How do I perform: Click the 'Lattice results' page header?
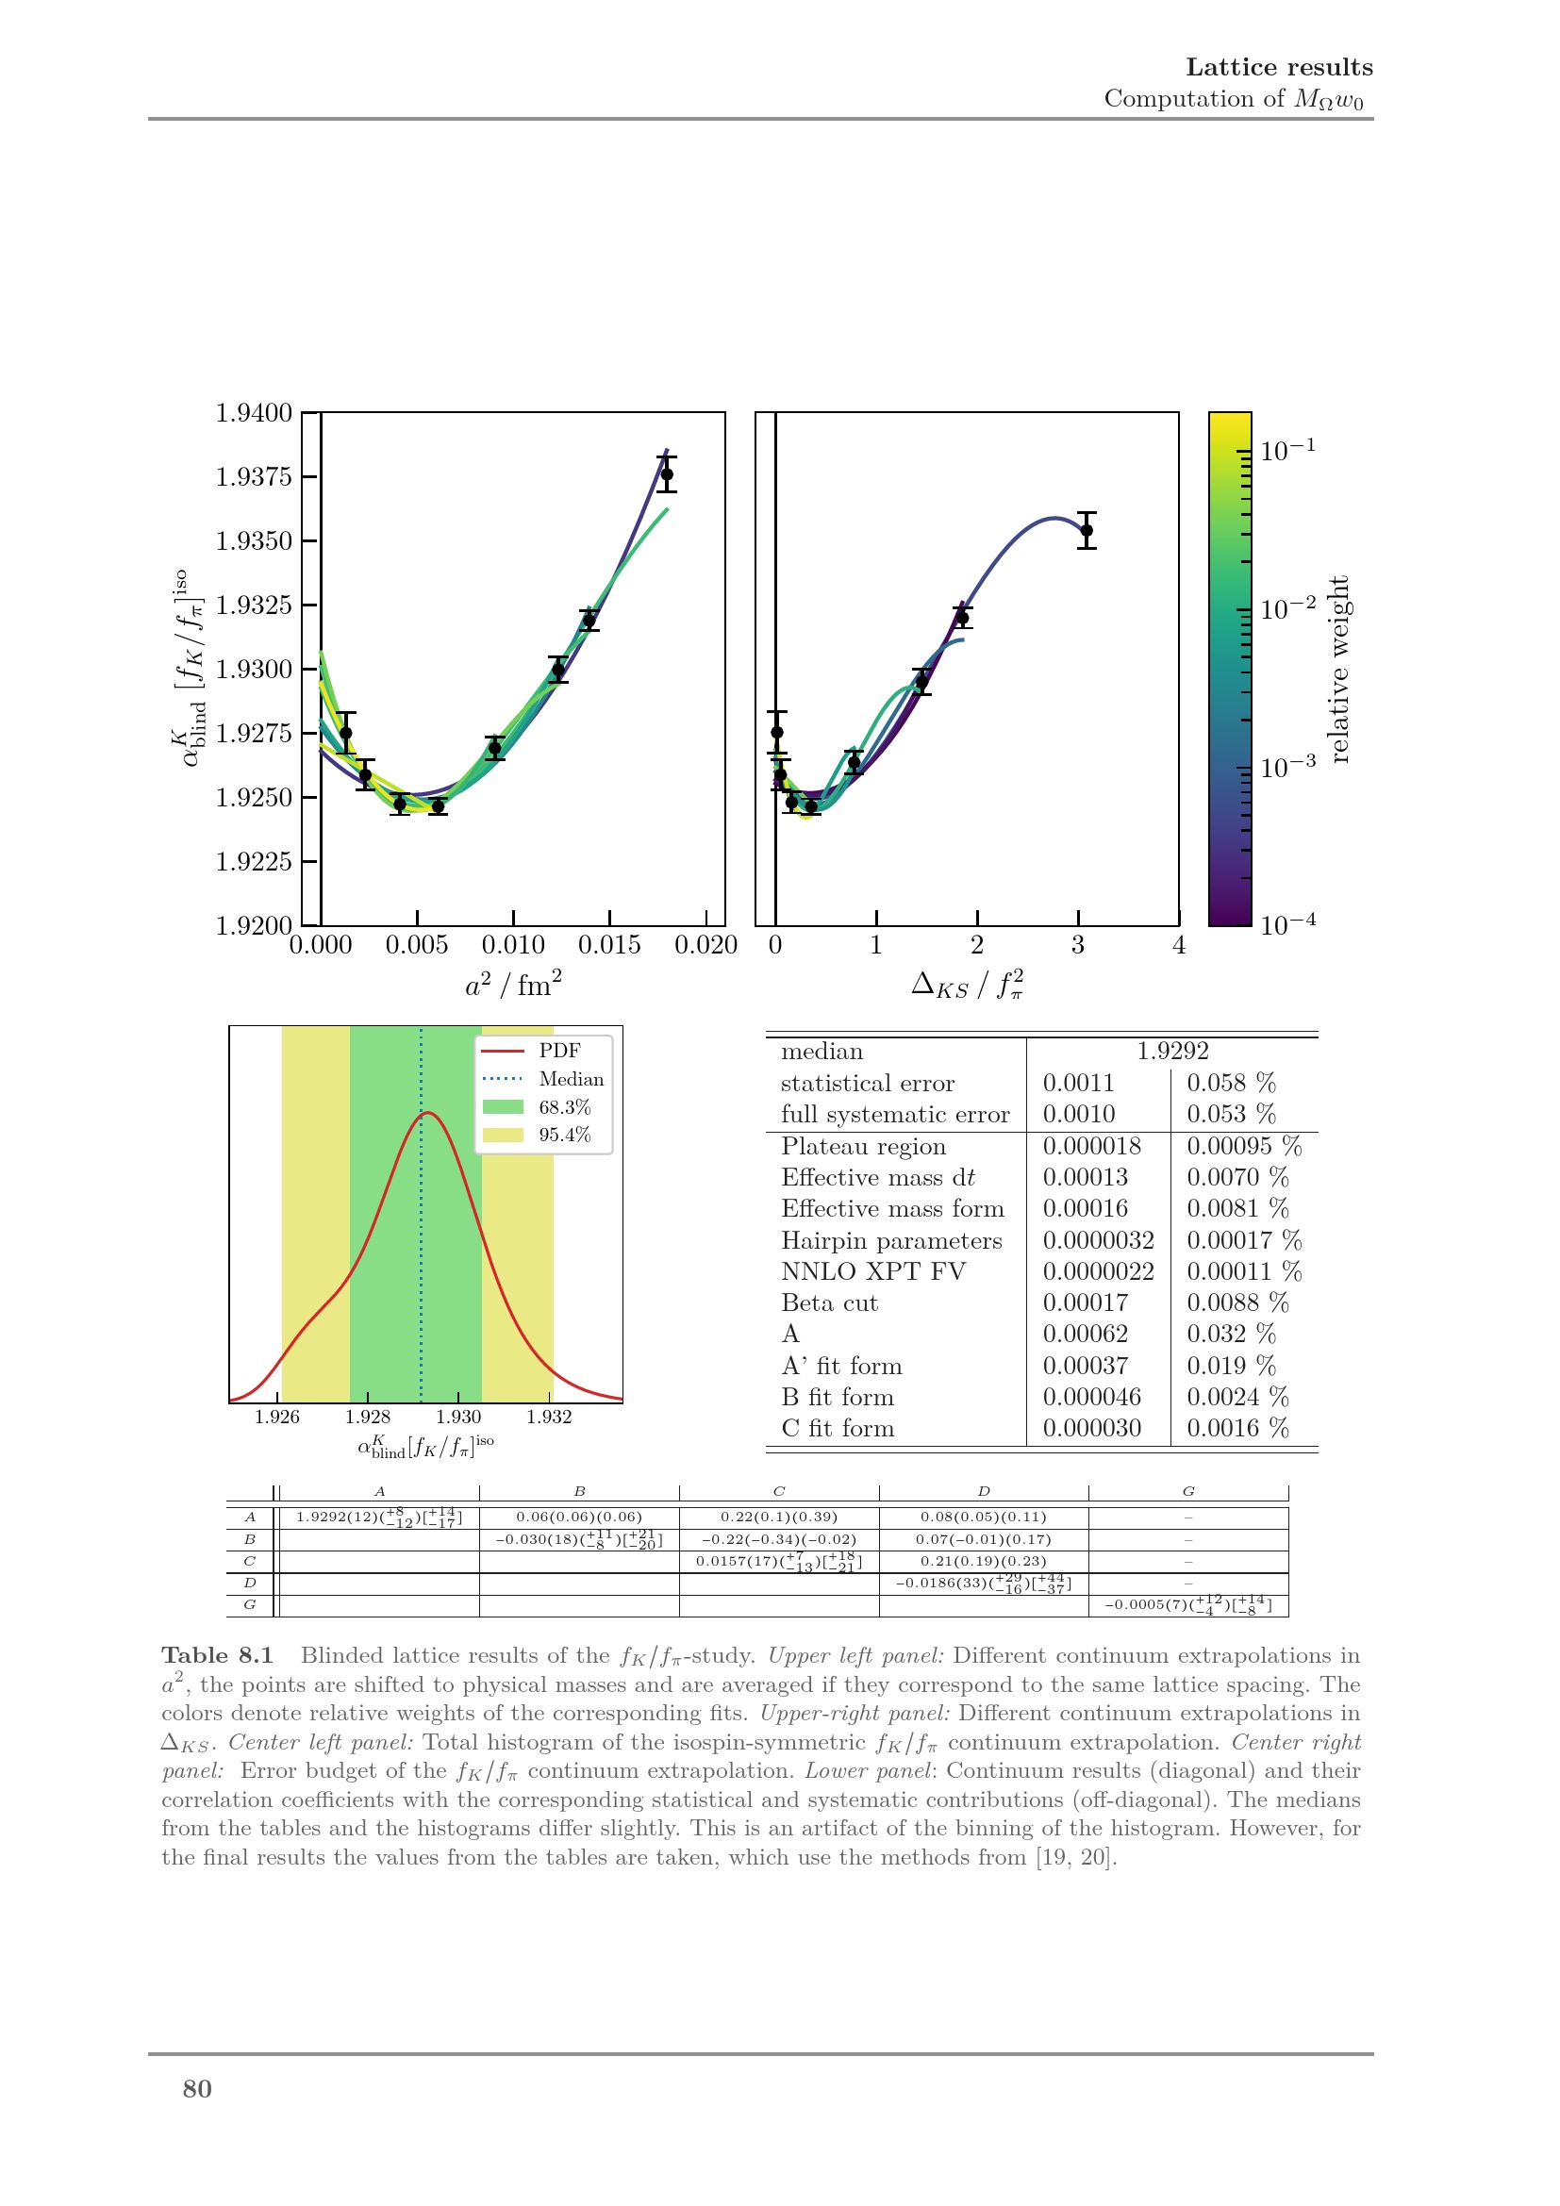coord(1278,67)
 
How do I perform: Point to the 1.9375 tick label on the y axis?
coord(254,477)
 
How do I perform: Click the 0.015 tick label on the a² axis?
coord(609,945)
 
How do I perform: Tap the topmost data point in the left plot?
coord(667,474)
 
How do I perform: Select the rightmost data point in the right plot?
coord(1087,530)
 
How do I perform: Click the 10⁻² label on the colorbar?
coord(1287,608)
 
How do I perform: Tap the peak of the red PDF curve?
coord(429,1113)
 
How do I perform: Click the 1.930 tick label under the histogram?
coord(458,1417)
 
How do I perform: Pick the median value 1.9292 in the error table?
coord(1172,1051)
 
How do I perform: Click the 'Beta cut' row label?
coord(829,1302)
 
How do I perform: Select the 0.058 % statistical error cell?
coord(1231,1083)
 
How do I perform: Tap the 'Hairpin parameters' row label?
coord(890,1240)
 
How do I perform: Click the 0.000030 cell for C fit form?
coord(1091,1428)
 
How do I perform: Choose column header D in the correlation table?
coord(983,1491)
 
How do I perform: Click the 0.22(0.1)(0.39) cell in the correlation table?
coord(778,1518)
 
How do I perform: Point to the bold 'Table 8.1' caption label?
coord(217,1655)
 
